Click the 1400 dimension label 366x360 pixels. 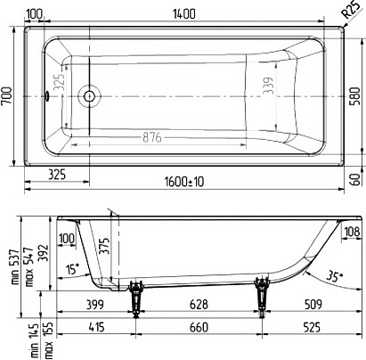(184, 14)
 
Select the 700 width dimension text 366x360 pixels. (6, 95)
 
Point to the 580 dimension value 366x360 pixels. (355, 95)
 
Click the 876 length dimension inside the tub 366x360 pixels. (152, 137)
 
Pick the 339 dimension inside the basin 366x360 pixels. (269, 86)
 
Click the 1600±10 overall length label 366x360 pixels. (184, 182)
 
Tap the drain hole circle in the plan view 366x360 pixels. (89, 96)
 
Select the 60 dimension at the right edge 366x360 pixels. (355, 179)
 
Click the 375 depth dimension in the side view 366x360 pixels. (104, 246)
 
